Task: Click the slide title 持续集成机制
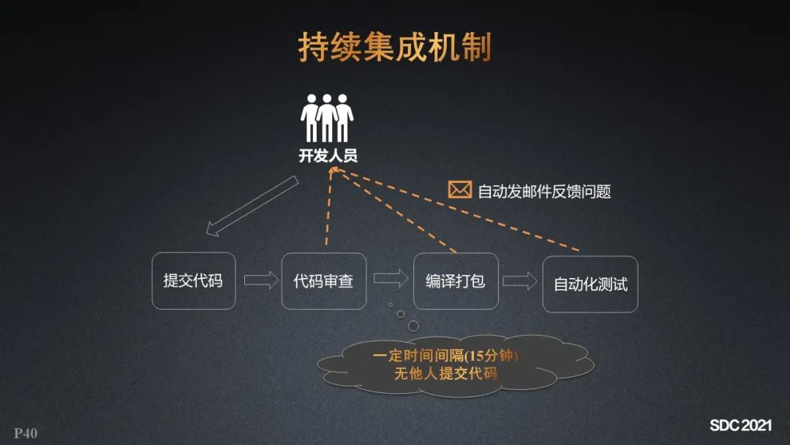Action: click(x=394, y=48)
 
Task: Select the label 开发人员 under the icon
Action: click(x=328, y=155)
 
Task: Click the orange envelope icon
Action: click(x=459, y=190)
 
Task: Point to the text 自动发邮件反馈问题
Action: click(x=543, y=192)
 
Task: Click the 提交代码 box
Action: click(x=193, y=280)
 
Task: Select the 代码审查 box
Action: click(x=323, y=280)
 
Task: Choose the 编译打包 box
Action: click(x=455, y=280)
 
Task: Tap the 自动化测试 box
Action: click(x=590, y=284)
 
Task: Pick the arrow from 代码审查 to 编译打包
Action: click(x=391, y=278)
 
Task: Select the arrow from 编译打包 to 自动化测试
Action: click(x=519, y=281)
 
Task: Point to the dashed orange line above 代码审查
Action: click(x=328, y=212)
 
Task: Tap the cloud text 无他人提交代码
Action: click(x=445, y=373)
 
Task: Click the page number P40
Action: click(x=25, y=433)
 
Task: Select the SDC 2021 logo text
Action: click(x=740, y=425)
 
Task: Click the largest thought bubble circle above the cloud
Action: click(x=413, y=325)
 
